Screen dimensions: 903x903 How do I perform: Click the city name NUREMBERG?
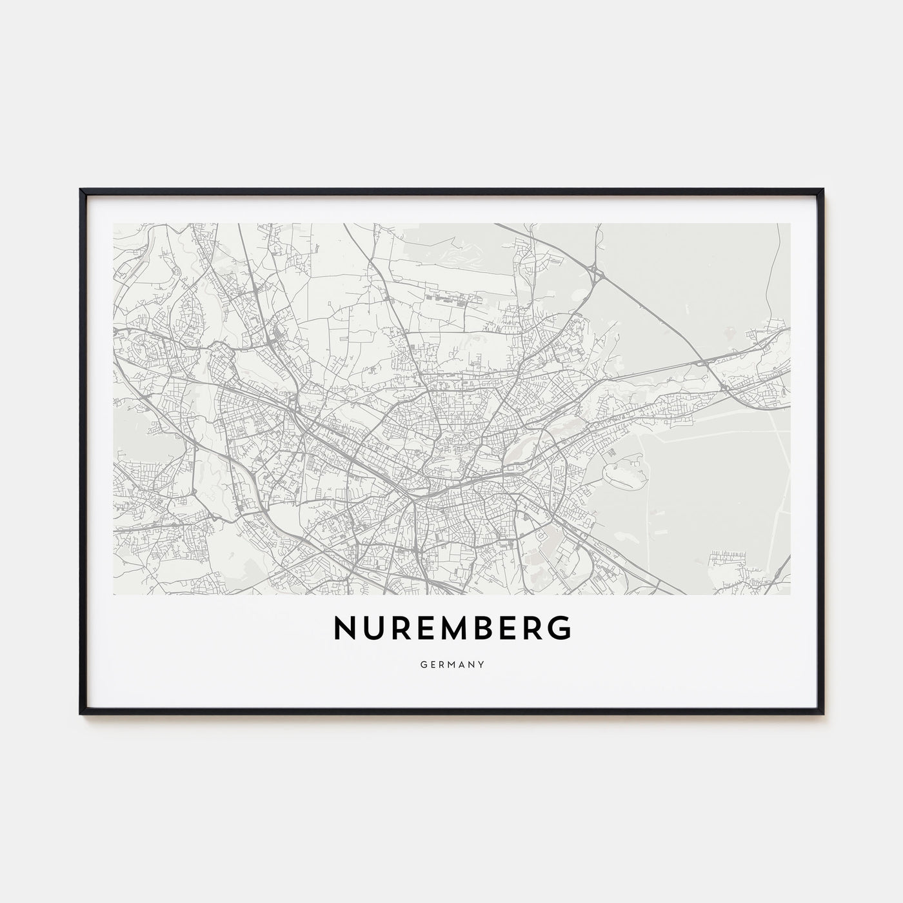pyautogui.click(x=451, y=628)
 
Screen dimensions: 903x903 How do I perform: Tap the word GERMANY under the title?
pyautogui.click(x=451, y=662)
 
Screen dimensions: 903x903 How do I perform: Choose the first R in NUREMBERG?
pyautogui.click(x=401, y=628)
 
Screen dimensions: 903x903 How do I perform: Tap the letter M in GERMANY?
pyautogui.click(x=451, y=662)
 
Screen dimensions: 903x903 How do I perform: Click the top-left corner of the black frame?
pyautogui.click(x=81, y=190)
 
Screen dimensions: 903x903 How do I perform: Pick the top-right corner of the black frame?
pyautogui.click(x=824, y=190)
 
